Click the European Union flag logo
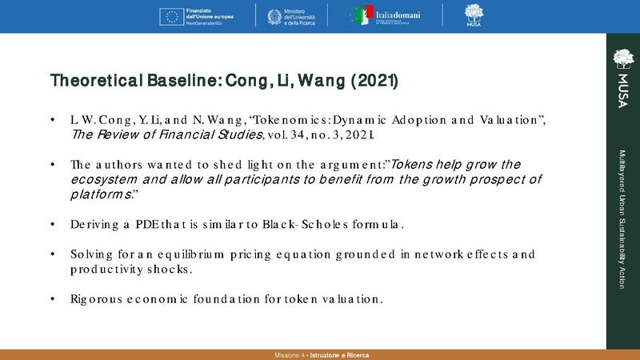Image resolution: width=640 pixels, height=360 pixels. [171, 15]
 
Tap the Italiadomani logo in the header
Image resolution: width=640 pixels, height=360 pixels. [386, 16]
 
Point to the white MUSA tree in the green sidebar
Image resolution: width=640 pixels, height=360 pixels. [622, 58]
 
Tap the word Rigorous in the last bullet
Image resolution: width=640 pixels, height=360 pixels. [95, 299]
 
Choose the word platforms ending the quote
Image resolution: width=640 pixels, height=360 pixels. [99, 194]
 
